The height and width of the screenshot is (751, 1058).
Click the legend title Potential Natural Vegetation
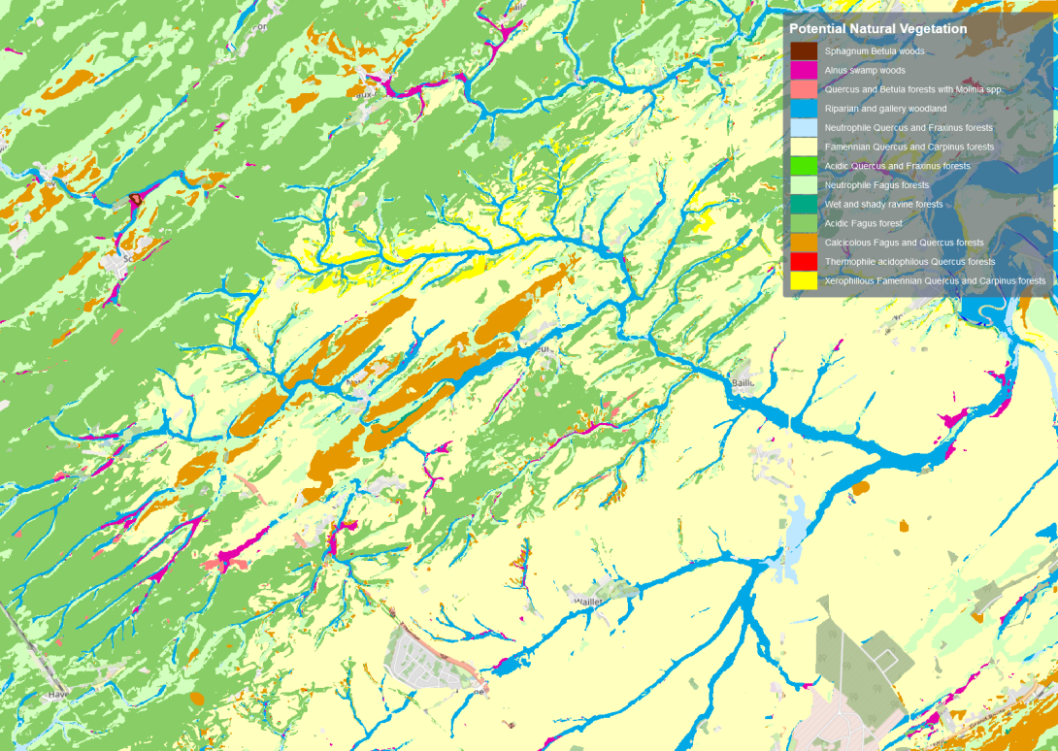coord(877,29)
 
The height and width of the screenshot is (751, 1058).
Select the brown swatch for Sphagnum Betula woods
coord(803,51)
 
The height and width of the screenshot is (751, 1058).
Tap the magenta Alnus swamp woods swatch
coord(803,70)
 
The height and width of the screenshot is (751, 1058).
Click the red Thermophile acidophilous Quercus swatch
coord(803,262)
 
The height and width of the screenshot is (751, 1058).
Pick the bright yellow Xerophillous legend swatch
coord(803,280)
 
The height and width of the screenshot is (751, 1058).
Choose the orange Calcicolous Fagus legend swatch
coord(803,243)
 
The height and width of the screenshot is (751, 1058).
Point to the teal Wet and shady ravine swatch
coord(803,205)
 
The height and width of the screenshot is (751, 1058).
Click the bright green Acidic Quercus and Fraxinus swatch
coord(803,166)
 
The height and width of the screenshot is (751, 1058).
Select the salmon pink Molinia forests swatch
coord(803,89)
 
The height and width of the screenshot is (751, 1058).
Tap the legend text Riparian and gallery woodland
coord(885,109)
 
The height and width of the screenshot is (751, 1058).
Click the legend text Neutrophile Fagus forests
coord(876,185)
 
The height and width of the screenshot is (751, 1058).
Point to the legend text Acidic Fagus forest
coord(863,223)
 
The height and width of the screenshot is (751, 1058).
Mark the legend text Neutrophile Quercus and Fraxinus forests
coord(909,128)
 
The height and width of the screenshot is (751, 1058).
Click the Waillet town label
coord(588,602)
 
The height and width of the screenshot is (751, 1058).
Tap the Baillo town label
coord(743,382)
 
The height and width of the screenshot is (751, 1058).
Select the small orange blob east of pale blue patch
coord(860,488)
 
